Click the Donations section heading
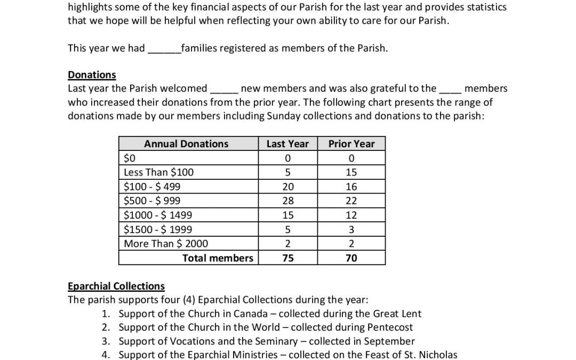[x=92, y=75]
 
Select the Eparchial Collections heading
[x=116, y=286]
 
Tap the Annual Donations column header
[x=186, y=144]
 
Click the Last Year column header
[x=287, y=144]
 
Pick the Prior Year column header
[x=351, y=144]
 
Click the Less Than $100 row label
[x=159, y=172]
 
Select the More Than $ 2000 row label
[x=166, y=244]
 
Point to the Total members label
[x=218, y=258]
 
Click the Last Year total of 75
[x=287, y=258]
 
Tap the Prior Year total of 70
[x=351, y=258]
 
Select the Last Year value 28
[x=287, y=201]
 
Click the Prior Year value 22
[x=351, y=201]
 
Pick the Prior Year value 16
[x=351, y=187]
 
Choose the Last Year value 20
[x=287, y=187]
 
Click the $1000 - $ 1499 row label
[x=158, y=215]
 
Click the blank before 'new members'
[x=224, y=89]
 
